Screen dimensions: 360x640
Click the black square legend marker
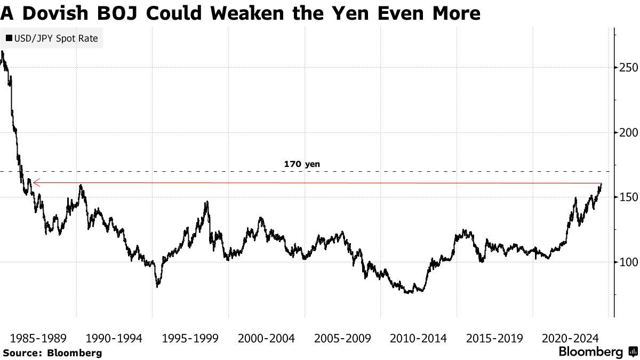9,38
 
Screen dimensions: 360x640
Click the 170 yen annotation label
302,164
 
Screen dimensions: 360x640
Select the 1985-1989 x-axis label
38,338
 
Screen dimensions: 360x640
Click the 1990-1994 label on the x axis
115,338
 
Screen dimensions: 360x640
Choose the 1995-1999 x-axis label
190,338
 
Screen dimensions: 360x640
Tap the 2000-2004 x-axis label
267,338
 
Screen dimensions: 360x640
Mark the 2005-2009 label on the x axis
343,338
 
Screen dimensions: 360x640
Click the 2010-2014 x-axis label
419,338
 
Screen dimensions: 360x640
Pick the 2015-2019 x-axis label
495,338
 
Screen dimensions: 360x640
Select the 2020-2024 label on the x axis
571,338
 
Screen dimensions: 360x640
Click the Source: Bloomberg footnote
52,353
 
